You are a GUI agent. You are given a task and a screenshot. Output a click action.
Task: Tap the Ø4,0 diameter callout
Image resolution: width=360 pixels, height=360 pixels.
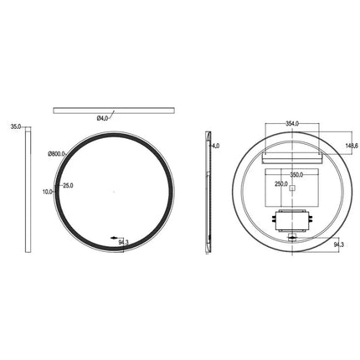tap(102, 118)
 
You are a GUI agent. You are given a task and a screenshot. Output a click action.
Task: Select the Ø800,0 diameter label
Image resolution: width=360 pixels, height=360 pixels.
tap(58, 153)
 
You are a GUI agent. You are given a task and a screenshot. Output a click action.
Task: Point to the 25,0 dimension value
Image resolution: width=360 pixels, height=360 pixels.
tap(67, 185)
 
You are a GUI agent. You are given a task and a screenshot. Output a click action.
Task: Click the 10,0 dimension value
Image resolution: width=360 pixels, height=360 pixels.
tap(47, 192)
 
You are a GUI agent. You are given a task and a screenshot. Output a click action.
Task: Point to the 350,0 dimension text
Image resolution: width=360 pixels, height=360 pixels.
tap(296, 176)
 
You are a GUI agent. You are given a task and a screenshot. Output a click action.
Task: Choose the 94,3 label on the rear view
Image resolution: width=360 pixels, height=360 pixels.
tap(338, 245)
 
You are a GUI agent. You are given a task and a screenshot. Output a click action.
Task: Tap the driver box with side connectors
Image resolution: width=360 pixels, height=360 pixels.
tap(291, 220)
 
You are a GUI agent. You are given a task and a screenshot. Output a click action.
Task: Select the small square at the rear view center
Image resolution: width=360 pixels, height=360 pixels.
tap(291, 189)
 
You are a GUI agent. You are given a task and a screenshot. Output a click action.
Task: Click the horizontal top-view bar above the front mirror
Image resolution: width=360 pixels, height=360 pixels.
tap(113, 109)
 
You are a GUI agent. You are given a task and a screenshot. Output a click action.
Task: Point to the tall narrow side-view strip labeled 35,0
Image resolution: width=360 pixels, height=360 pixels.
tap(29, 189)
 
